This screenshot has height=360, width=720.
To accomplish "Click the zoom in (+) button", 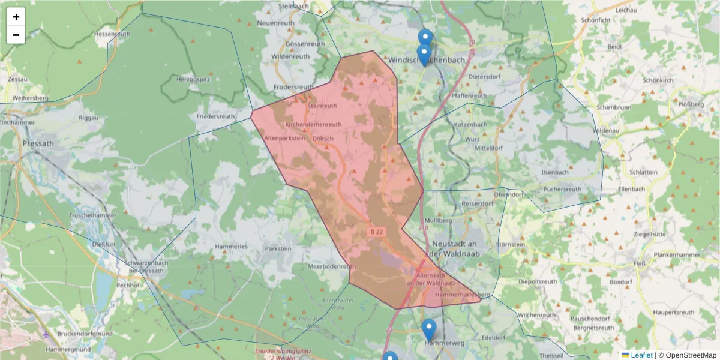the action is click(x=16, y=17).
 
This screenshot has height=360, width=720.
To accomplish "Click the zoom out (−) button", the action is click(x=16, y=35).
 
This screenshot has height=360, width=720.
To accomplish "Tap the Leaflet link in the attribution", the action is click(x=641, y=355).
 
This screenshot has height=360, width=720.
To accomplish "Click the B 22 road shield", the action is click(x=376, y=232).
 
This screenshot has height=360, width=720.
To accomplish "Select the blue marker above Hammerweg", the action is click(x=429, y=329).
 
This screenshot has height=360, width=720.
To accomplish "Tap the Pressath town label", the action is click(x=38, y=143).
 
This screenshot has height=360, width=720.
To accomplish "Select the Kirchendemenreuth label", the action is click(x=313, y=124).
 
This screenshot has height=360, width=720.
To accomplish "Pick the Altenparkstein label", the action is click(x=284, y=138).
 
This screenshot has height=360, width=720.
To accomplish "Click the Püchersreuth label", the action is click(x=562, y=189).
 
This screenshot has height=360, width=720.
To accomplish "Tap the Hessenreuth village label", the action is click(x=112, y=34).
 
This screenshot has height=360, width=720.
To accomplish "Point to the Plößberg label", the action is click(x=690, y=104).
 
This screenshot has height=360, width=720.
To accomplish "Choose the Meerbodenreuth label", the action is click(x=332, y=266).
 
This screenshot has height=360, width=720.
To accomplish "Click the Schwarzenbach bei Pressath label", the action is click(x=144, y=267).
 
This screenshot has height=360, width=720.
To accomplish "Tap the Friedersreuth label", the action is click(x=215, y=116).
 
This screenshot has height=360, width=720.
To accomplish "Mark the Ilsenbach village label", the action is click(x=554, y=172).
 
